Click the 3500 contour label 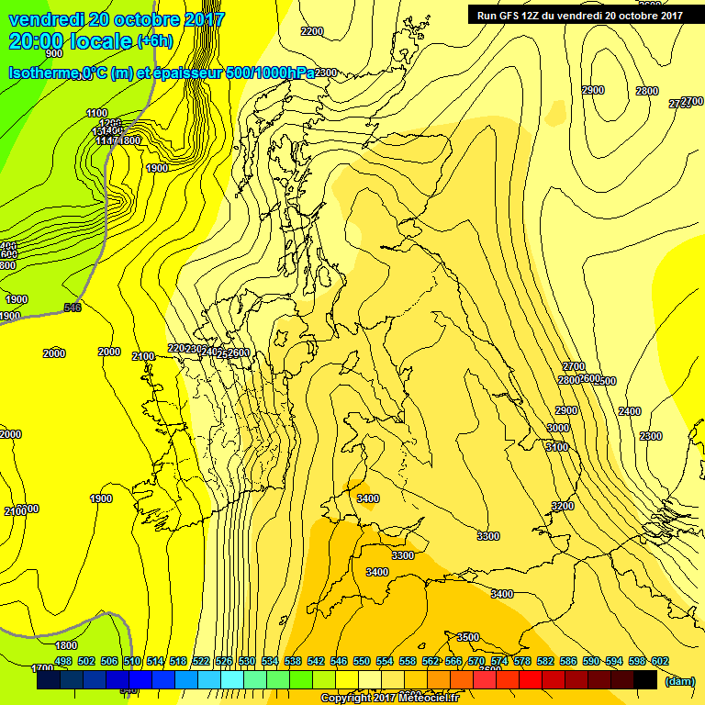pos(468,636)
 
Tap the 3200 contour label pos(562,506)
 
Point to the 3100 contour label pos(556,447)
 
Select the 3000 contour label pos(557,428)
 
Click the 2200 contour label pos(312,31)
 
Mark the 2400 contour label pos(630,411)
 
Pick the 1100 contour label pos(96,113)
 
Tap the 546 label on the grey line pos(73,308)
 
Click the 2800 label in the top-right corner pos(647,91)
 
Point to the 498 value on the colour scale pos(63,661)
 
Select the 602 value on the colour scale pos(659,661)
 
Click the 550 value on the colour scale pos(362,661)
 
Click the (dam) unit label pos(678,680)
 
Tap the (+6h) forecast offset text pos(160,41)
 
